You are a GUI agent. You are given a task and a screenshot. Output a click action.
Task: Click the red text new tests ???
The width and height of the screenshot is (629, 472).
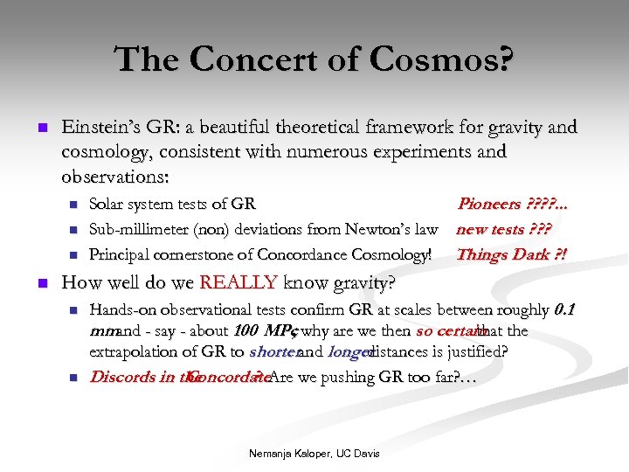[x=503, y=230]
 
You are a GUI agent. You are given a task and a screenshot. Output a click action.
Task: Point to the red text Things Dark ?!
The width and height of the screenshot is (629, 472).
[x=510, y=255]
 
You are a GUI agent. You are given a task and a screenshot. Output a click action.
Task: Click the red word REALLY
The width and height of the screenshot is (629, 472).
[x=238, y=283]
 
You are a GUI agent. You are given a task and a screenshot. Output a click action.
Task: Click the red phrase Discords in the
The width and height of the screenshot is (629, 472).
[x=137, y=378]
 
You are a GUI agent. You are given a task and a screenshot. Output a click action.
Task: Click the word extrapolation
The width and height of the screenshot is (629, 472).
[x=140, y=352]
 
